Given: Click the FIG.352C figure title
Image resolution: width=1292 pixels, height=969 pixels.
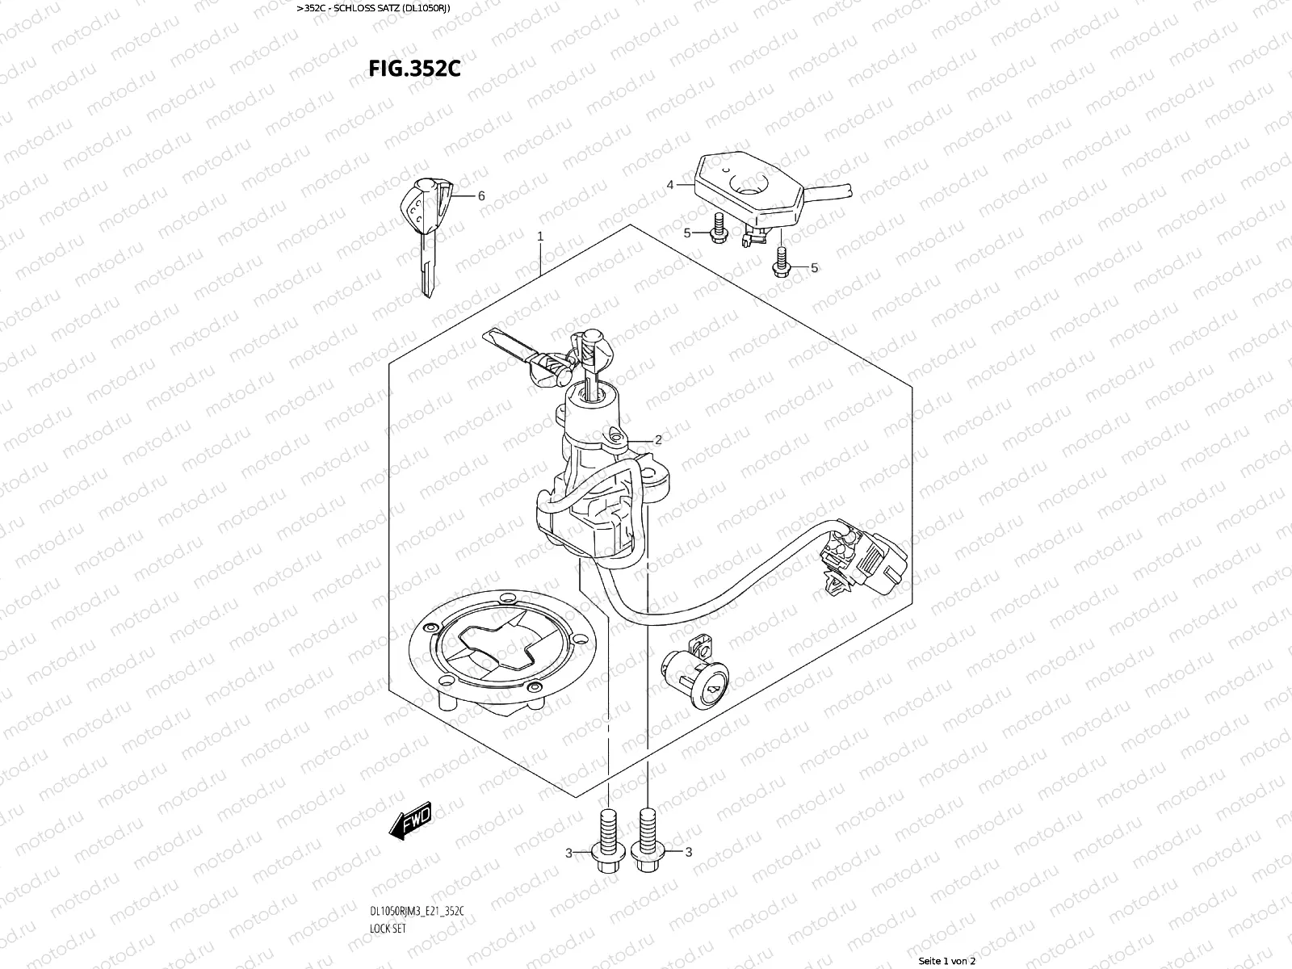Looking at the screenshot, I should pos(414,69).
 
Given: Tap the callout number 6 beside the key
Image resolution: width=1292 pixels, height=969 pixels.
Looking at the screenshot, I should pos(481,196).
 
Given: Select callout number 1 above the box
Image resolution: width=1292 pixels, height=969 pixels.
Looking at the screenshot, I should pos(540,237).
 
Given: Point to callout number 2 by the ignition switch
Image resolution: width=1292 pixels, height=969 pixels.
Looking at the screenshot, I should pos(658,440).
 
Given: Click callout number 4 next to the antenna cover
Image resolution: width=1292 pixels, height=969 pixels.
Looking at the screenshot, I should pos(670,185).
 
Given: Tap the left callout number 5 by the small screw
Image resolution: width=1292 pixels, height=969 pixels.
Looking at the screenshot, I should pos(687,233).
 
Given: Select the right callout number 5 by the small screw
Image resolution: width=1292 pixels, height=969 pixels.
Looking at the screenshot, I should pos(814,268).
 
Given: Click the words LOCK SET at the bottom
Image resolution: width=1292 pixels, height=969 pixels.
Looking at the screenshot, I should pos(388,929).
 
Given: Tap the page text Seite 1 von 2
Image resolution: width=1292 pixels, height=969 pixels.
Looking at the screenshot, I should pos(947,961).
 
